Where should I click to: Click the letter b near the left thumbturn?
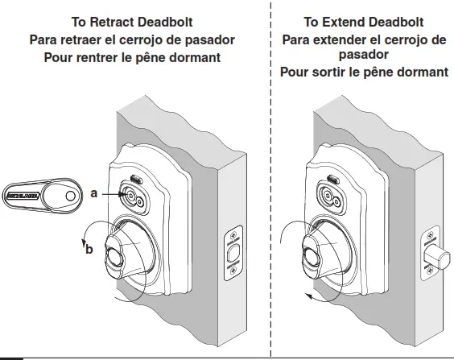pyautogui.click(x=89, y=249)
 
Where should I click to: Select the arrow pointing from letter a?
pyautogui.click(x=111, y=194)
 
